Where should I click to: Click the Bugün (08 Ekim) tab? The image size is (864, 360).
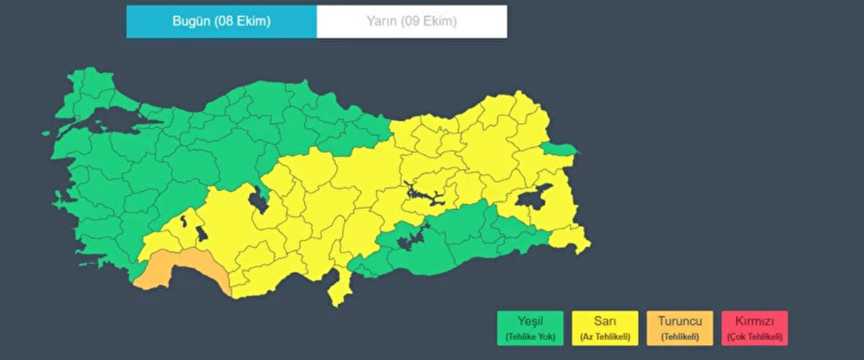pos(221,22)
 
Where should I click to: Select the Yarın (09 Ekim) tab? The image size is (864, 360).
pos(411,22)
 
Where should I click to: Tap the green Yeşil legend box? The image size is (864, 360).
pos(530,328)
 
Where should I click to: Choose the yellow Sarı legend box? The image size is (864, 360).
pos(605,328)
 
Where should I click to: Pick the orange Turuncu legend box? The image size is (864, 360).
pos(680,328)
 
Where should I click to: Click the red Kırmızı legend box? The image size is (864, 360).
pos(754,328)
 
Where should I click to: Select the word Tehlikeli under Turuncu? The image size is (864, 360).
pos(680,337)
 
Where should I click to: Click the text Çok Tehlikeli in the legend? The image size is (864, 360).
pos(754,337)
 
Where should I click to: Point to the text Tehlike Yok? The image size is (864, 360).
pos(530,337)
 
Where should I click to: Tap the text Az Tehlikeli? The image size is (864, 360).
pos(605,337)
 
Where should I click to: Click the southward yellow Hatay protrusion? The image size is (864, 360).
pos(337,288)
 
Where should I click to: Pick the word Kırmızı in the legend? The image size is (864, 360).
pos(754,321)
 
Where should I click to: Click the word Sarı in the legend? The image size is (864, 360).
pos(605,321)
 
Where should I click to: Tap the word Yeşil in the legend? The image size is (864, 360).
pos(530,321)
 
